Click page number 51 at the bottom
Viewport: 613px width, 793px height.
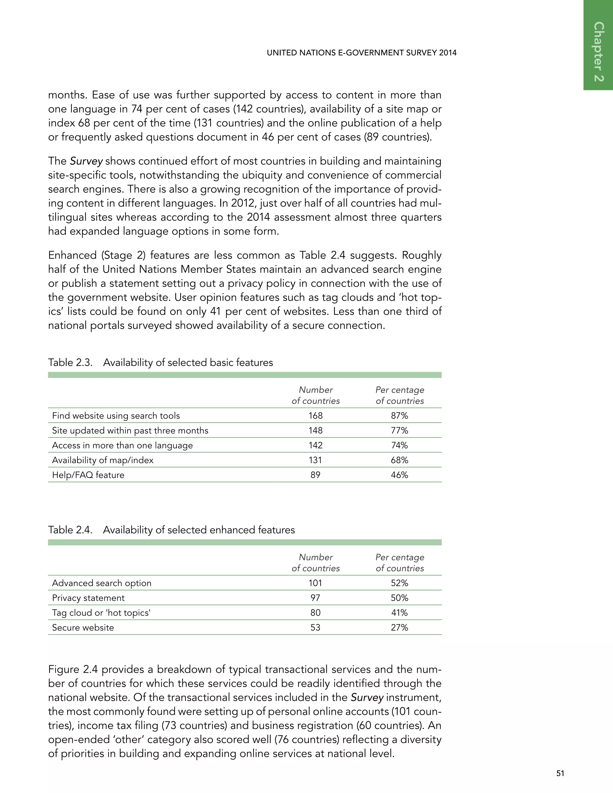560,773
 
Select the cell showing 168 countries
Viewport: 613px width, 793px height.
315,416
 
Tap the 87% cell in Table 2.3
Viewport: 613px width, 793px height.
400,416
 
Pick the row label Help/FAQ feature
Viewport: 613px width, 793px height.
88,475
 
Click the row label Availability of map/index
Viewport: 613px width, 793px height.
102,460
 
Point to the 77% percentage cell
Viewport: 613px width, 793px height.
400,431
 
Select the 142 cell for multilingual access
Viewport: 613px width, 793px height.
315,446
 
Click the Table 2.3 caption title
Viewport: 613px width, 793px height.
188,363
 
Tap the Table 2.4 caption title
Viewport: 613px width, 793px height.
199,530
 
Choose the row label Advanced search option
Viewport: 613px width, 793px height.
102,583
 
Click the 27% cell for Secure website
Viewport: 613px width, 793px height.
400,628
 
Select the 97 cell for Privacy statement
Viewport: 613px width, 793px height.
315,598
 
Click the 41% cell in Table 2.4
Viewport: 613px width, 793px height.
400,613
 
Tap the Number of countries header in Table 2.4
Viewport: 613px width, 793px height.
315,563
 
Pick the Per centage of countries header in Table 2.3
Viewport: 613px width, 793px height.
400,395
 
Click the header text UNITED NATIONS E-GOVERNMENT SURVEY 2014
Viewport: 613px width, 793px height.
361,53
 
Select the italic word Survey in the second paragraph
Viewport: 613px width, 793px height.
86,161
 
